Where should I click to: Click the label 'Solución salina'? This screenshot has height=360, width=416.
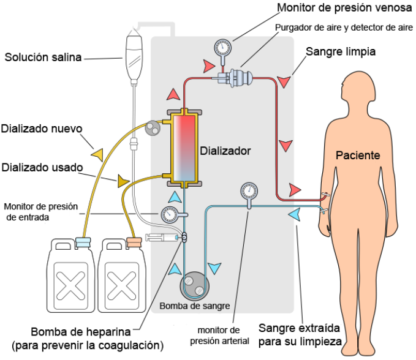point(43,58)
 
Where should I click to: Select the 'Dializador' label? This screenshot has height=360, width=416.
point(225,150)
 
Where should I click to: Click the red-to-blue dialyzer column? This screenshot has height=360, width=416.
point(184,148)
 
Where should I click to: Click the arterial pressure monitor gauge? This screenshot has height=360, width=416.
point(249,190)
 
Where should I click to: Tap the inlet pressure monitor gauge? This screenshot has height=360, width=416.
point(169,214)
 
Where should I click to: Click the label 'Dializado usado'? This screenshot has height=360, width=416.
point(41,167)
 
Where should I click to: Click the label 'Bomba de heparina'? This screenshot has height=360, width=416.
point(81,332)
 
